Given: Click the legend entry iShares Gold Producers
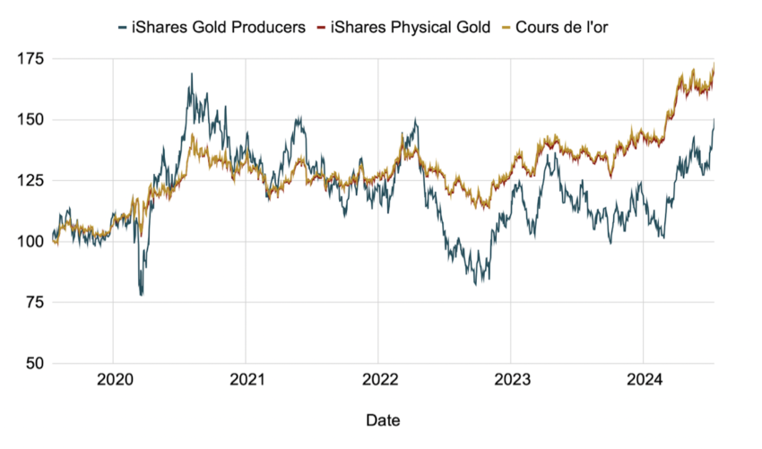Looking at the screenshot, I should (x=217, y=28).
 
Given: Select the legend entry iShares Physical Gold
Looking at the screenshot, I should (x=411, y=28).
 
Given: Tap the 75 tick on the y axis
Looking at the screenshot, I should (x=33, y=302).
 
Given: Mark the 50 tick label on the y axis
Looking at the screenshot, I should (x=33, y=363).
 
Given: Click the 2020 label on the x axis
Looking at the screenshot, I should (x=113, y=380).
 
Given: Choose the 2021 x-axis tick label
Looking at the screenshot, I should (x=246, y=380).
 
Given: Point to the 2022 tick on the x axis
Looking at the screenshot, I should (x=378, y=380).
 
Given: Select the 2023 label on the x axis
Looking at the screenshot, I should (x=510, y=380).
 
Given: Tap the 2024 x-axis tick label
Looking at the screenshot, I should (x=643, y=380).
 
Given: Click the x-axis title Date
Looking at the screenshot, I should (x=383, y=419).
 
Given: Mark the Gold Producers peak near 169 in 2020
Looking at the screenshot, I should (x=191, y=74).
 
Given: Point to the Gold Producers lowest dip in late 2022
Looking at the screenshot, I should (x=477, y=284).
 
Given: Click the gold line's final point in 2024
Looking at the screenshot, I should (x=714, y=65).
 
